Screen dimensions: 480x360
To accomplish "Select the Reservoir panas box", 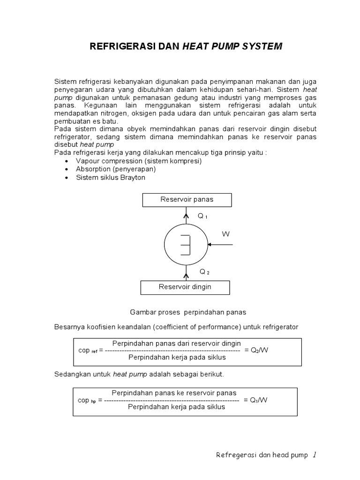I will pyautogui.click(x=187, y=200).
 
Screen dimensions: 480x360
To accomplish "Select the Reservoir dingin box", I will pyautogui.click(x=185, y=287).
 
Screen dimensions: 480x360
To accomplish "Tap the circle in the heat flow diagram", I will pyautogui.click(x=186, y=244).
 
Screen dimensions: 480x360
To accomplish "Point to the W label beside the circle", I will pyautogui.click(x=226, y=234).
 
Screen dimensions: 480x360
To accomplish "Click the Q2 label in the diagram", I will pyautogui.click(x=204, y=271).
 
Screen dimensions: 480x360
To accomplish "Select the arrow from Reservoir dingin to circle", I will pyautogui.click(x=187, y=273).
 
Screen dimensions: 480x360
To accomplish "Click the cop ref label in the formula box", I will pyautogui.click(x=88, y=351).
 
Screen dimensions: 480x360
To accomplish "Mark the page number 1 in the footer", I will pyautogui.click(x=315, y=454).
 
